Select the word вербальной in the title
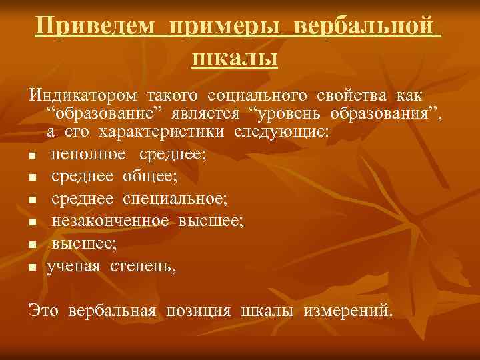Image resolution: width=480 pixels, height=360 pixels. pyautogui.click(x=367, y=29)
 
